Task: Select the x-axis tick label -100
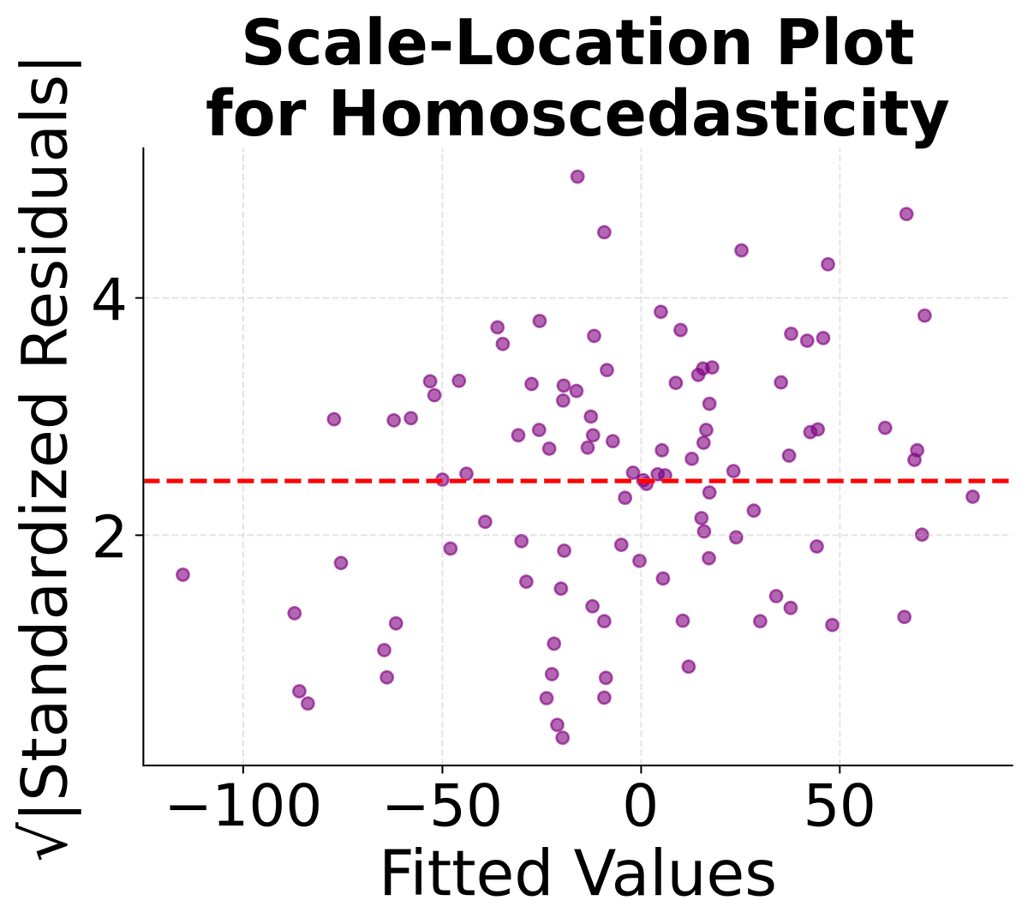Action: click(243, 808)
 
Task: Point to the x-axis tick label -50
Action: click(442, 808)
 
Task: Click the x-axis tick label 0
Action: click(641, 808)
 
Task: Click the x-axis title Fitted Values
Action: click(577, 875)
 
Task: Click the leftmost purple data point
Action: click(182, 574)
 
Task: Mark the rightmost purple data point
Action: click(972, 496)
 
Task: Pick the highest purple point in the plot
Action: click(577, 177)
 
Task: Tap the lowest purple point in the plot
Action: click(562, 737)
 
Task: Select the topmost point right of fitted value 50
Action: click(906, 214)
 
